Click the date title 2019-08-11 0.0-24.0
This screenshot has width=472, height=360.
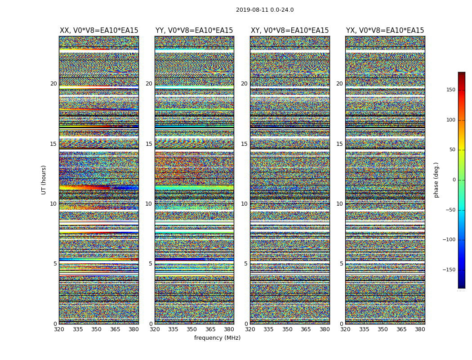[265, 10]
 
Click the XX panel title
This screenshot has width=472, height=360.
[99, 31]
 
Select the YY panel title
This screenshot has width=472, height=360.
[194, 31]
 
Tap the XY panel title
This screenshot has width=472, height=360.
[289, 31]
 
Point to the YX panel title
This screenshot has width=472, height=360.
[385, 31]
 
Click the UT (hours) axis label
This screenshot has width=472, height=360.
[44, 180]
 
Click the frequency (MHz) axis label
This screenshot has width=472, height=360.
[217, 338]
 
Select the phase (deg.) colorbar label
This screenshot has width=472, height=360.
[436, 180]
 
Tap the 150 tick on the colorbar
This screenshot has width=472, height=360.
[450, 90]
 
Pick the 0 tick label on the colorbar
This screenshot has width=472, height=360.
[454, 180]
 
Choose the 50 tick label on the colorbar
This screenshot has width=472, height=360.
[452, 150]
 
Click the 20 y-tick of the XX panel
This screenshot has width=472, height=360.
[53, 84]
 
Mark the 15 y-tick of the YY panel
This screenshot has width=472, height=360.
[149, 144]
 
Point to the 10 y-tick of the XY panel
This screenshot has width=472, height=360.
[244, 204]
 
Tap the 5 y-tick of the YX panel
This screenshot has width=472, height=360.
[341, 264]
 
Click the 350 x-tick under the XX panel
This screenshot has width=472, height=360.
[96, 329]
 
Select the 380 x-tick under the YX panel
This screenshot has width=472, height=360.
[420, 329]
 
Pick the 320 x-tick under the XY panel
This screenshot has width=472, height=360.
[250, 329]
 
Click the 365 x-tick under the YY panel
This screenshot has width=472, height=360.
[210, 329]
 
